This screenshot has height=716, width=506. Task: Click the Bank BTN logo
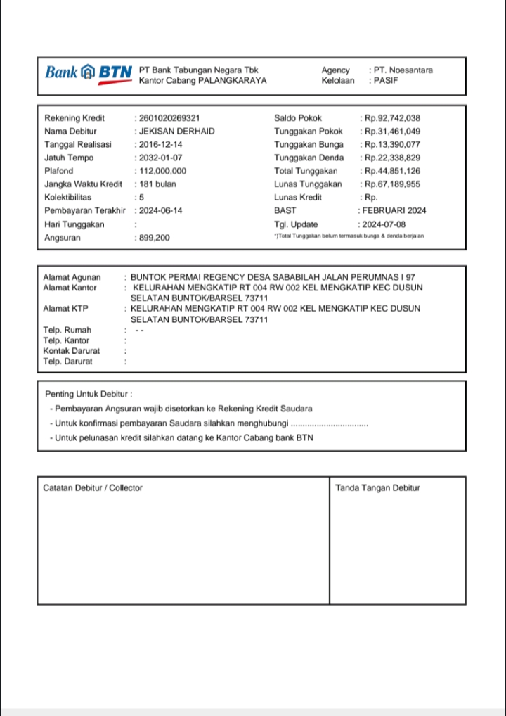(88, 73)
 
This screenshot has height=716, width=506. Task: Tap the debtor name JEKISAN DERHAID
(176, 132)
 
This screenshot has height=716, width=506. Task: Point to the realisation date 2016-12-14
(161, 144)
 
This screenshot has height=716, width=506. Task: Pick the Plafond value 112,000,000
(162, 171)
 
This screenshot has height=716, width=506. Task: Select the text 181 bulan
(157, 184)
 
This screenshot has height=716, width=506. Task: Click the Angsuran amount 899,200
(154, 238)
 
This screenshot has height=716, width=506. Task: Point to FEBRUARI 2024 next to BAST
(394, 210)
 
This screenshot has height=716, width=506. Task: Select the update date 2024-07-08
(383, 224)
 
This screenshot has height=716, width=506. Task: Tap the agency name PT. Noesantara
(403, 70)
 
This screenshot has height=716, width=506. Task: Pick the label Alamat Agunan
(72, 278)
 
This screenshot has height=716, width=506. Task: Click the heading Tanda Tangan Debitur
(377, 487)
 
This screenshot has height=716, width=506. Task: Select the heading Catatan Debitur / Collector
(93, 487)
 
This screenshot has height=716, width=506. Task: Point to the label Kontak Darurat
(71, 351)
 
